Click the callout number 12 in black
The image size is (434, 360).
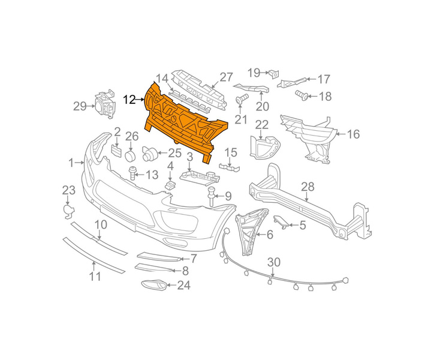(129, 100)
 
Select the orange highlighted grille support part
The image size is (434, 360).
(186, 122)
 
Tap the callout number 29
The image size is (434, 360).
(80, 106)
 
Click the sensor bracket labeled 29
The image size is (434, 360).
(105, 104)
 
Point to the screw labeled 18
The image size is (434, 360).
(302, 95)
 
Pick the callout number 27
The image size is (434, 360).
(227, 77)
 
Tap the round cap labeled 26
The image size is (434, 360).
(130, 156)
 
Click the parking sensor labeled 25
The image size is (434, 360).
(149, 154)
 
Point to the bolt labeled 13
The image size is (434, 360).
(133, 173)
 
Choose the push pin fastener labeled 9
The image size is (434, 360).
(212, 196)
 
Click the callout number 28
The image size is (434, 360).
(308, 187)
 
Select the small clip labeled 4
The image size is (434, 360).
(170, 185)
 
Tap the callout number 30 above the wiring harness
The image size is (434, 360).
(274, 262)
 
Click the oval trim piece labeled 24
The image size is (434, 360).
(153, 286)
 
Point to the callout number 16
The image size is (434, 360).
(353, 134)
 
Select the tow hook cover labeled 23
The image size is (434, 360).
(68, 211)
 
